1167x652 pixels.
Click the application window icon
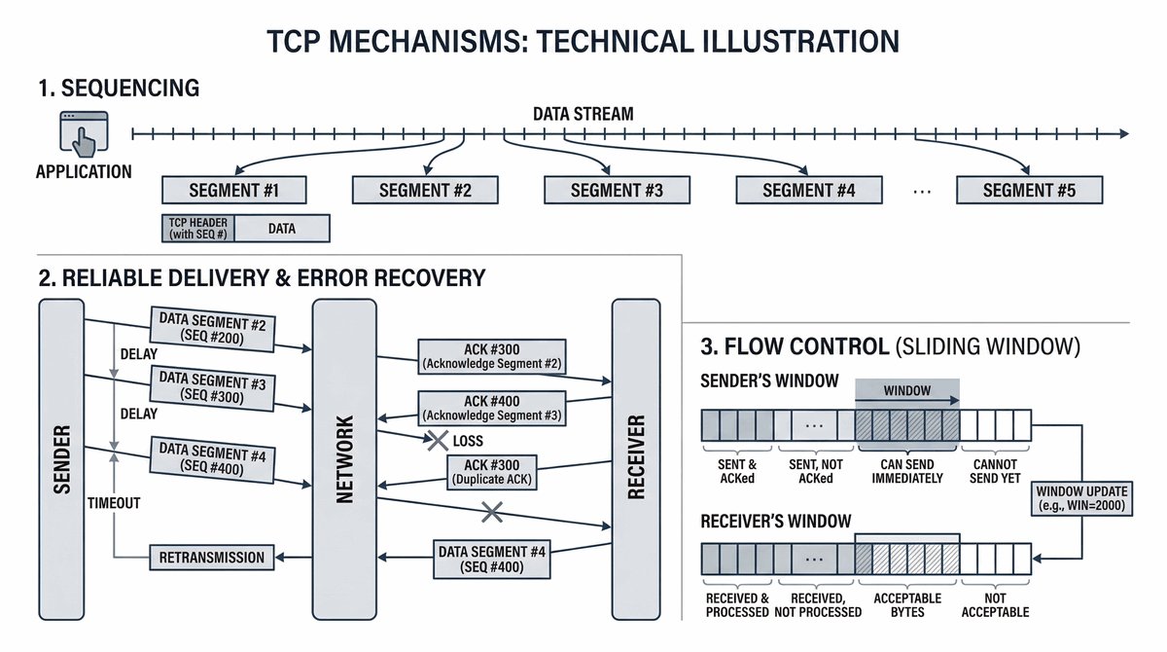click(x=82, y=132)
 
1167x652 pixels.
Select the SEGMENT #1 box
click(x=233, y=190)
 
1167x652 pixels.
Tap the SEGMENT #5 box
click(x=1029, y=190)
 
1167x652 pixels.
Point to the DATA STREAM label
click(x=583, y=114)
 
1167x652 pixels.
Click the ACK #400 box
click(x=491, y=408)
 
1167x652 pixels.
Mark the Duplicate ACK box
click(x=491, y=472)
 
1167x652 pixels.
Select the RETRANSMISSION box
click(x=211, y=558)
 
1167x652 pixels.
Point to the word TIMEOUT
click(x=115, y=503)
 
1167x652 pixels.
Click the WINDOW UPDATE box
click(x=1083, y=495)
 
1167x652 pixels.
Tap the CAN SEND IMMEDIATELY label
click(x=906, y=472)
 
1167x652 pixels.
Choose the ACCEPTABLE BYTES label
click(x=906, y=604)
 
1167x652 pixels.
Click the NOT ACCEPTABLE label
click(x=995, y=604)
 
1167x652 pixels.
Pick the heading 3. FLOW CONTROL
click(x=795, y=346)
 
